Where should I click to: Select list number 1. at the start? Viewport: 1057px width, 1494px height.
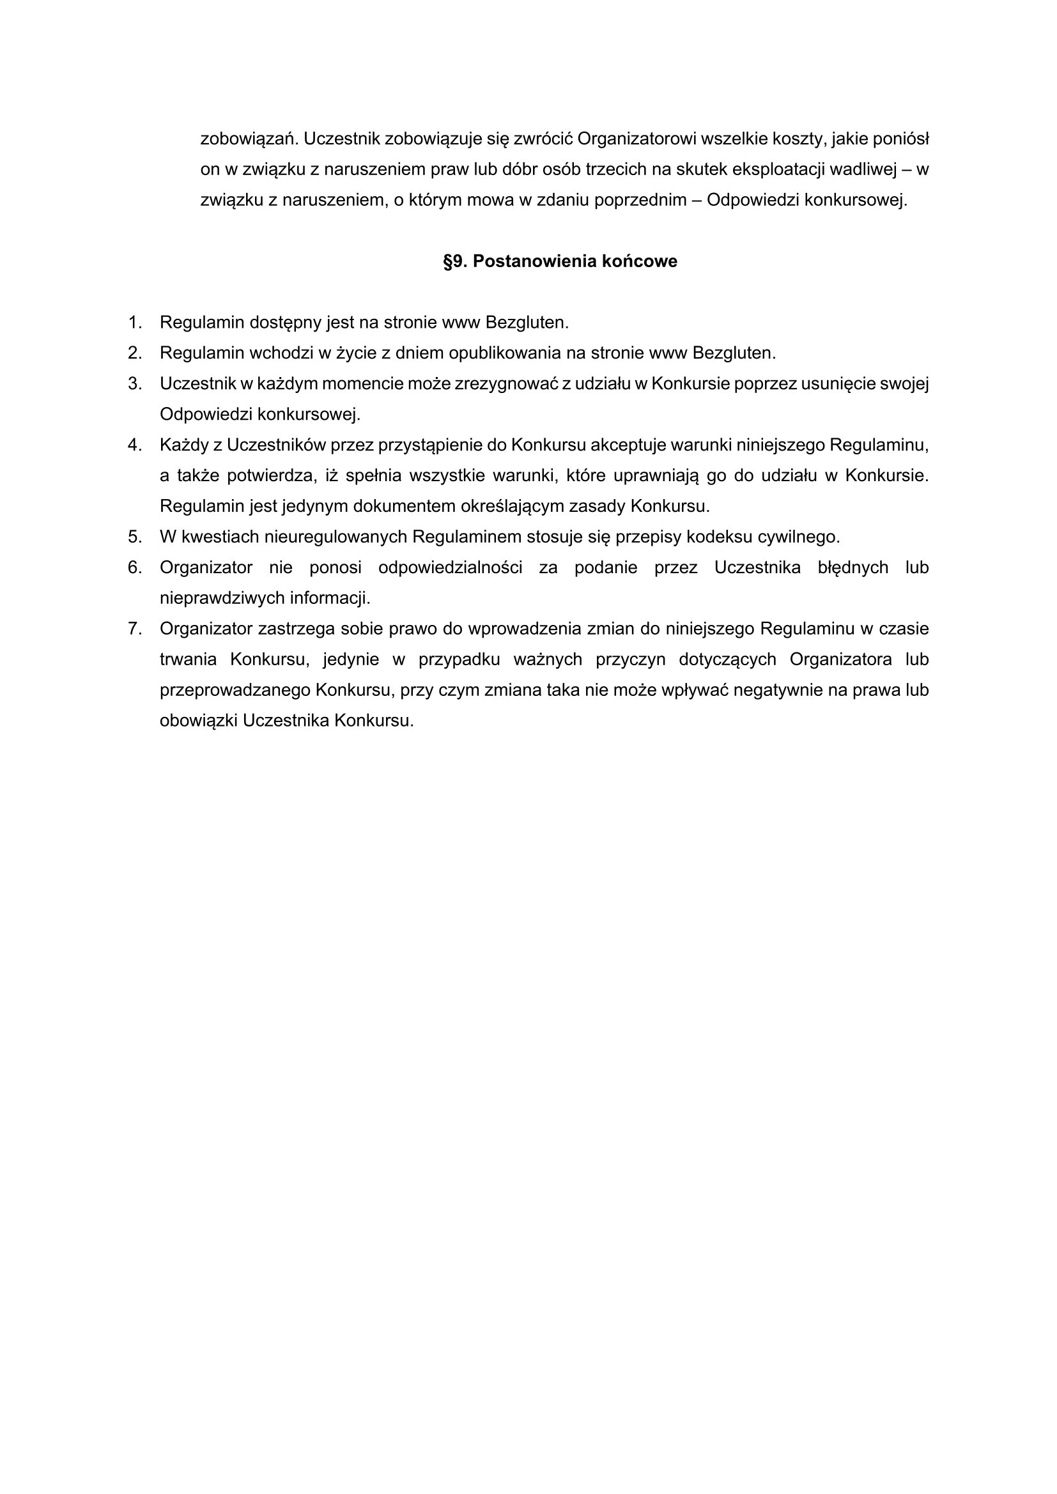[x=135, y=323]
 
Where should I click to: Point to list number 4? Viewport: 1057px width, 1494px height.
[x=135, y=445]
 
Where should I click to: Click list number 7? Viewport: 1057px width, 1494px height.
[x=135, y=629]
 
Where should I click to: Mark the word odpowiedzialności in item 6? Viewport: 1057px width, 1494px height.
[x=451, y=568]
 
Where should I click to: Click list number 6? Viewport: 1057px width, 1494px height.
[x=135, y=568]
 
